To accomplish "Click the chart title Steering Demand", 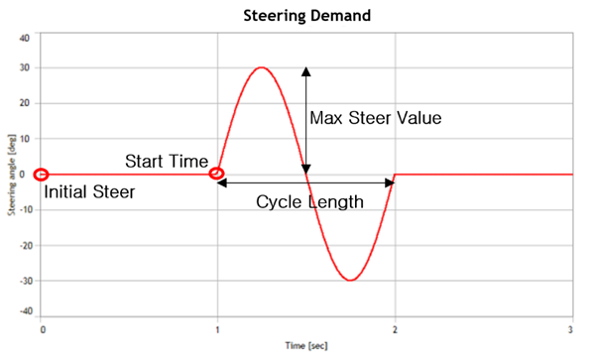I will [x=305, y=16].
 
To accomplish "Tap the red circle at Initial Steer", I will [x=40, y=175].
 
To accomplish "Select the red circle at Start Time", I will [x=217, y=175].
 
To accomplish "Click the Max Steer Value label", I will [x=374, y=118].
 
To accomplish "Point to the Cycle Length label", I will [x=309, y=201].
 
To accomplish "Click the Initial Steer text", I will [x=89, y=192].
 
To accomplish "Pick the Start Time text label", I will [x=167, y=162].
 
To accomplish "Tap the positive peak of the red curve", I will [x=261, y=67].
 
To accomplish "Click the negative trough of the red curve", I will [x=350, y=280].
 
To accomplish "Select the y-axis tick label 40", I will [x=23, y=38].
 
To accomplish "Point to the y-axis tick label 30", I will [x=23, y=68].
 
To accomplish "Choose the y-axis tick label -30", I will [x=22, y=281].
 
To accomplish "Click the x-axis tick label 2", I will [x=395, y=329].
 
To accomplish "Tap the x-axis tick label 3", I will [x=572, y=329].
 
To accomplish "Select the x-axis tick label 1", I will [x=217, y=329].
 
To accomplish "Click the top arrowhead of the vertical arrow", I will [x=305, y=72].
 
